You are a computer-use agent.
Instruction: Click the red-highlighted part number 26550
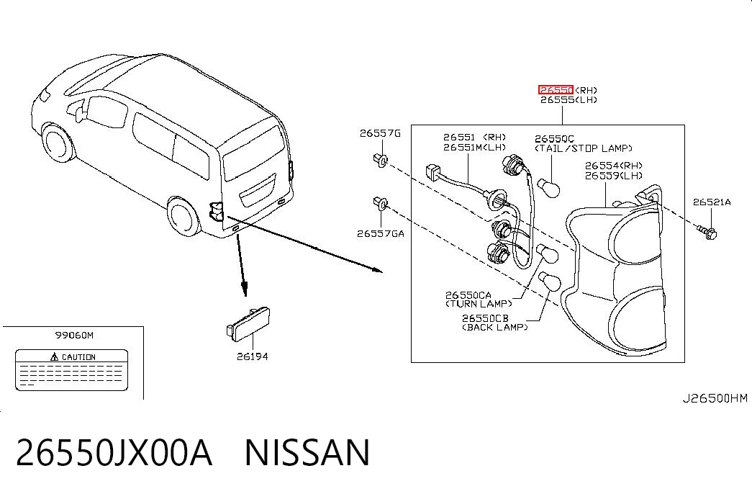(556, 90)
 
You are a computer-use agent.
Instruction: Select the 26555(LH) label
(568, 100)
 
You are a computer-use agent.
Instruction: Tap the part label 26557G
(380, 133)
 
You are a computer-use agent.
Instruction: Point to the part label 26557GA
(380, 234)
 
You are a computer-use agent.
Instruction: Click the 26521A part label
(712, 202)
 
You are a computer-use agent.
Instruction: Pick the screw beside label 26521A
(707, 233)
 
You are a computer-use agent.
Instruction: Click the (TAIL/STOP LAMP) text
(583, 148)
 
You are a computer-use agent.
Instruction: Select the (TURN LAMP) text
(479, 304)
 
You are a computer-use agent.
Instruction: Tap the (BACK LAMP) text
(494, 327)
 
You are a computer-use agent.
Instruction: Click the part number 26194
(253, 356)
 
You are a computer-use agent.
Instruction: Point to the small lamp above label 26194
(248, 325)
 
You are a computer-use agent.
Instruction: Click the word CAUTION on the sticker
(78, 357)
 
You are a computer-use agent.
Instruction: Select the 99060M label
(74, 335)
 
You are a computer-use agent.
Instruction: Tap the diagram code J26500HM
(715, 398)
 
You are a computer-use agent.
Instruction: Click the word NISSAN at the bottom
(307, 452)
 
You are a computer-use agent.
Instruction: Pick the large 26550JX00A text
(114, 452)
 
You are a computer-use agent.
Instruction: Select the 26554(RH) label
(613, 166)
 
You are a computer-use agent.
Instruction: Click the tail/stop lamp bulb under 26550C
(548, 187)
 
